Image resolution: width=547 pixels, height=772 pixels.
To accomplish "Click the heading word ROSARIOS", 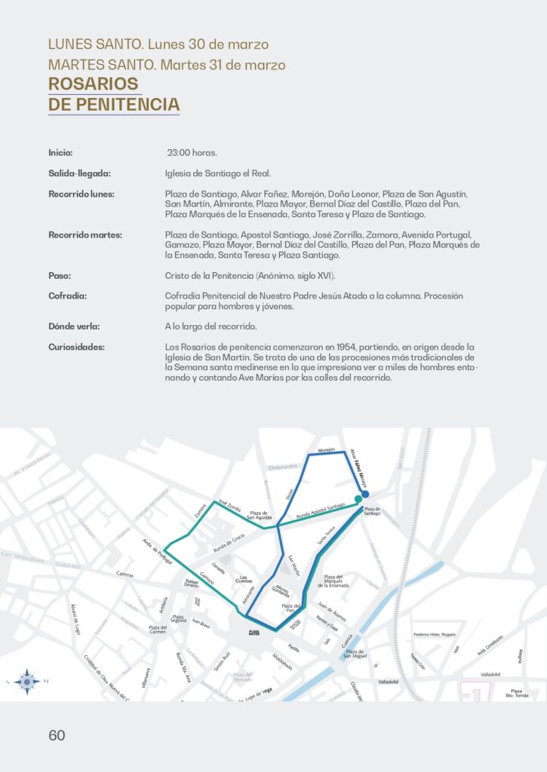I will (94, 83).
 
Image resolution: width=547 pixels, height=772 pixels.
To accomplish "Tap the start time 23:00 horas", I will (192, 153).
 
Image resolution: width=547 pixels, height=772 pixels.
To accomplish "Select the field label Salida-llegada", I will (80, 173).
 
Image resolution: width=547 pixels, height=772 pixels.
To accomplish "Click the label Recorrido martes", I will (85, 234).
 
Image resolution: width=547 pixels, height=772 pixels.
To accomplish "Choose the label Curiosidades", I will (77, 347).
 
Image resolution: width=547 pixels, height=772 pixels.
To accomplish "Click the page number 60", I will (57, 736).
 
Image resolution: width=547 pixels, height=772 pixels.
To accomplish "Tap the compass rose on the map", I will (28, 681).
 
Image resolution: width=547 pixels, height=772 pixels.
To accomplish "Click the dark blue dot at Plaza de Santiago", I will (364, 495).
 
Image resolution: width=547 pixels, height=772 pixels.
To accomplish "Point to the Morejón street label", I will (326, 450).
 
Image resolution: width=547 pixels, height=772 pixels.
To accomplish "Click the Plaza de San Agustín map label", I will (260, 515).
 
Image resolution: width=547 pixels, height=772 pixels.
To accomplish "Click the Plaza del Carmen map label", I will (158, 630).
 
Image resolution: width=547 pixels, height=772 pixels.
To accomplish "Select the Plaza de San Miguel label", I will (355, 654).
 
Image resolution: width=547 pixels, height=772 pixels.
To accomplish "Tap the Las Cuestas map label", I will (244, 579).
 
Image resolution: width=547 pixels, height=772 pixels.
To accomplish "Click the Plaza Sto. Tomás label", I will (519, 693).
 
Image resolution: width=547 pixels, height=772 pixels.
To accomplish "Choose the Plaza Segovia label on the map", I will (178, 619).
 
